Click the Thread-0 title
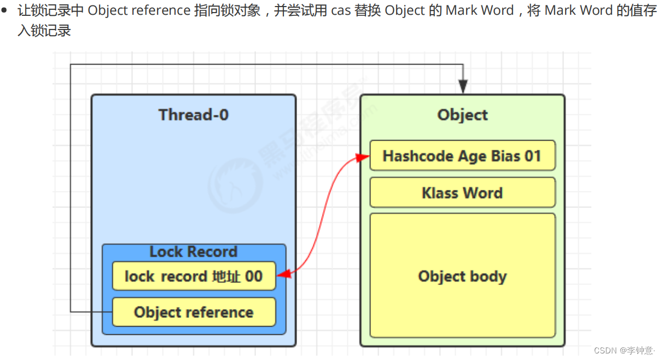pyautogui.click(x=193, y=115)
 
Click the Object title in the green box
pyautogui.click(x=462, y=115)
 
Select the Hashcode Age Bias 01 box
pyautogui.click(x=462, y=156)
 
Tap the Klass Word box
pyautogui.click(x=462, y=193)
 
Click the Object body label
pyautogui.click(x=462, y=276)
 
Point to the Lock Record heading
pyautogui.click(x=194, y=252)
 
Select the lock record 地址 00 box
pyautogui.click(x=194, y=276)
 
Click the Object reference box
pyautogui.click(x=194, y=312)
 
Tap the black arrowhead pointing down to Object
pyautogui.click(x=463, y=86)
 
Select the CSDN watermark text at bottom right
pyautogui.click(x=624, y=350)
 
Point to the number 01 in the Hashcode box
pyautogui.click(x=532, y=156)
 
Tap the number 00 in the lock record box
pyautogui.click(x=253, y=276)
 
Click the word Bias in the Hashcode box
pyautogui.click(x=505, y=156)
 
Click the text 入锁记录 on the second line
pyautogui.click(x=44, y=31)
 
